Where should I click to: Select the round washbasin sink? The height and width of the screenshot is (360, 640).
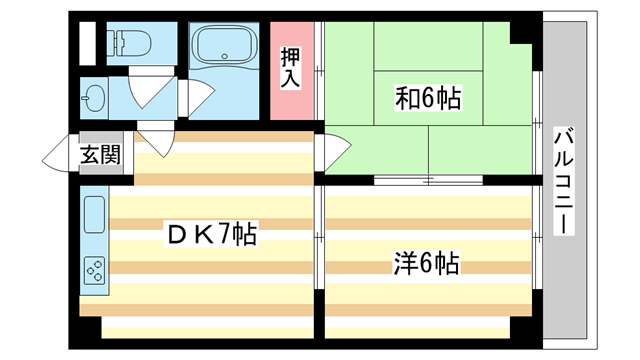(95, 98)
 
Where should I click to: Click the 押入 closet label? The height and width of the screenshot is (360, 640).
(290, 65)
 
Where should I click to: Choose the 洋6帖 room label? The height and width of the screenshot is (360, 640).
(425, 264)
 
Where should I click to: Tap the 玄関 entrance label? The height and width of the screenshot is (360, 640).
(100, 155)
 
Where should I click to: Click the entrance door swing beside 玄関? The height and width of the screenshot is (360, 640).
(59, 156)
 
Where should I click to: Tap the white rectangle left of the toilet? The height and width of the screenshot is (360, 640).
(87, 43)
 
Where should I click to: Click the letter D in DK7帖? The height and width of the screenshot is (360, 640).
(175, 236)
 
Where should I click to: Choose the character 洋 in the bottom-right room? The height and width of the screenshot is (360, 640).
(402, 264)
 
